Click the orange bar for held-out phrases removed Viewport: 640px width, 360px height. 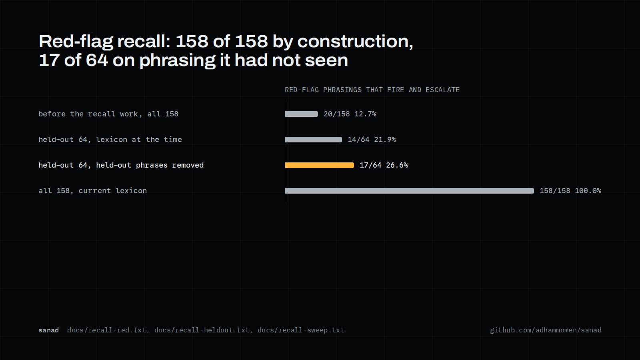point(320,165)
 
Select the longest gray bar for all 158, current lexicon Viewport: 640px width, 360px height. point(410,191)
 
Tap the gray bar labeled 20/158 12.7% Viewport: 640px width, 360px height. point(302,114)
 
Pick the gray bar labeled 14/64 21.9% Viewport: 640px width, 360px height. point(314,140)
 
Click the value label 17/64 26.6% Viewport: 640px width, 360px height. point(384,165)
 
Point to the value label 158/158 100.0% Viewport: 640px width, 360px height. point(570,191)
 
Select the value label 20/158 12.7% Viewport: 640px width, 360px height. point(350,114)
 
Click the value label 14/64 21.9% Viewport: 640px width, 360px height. point(372,140)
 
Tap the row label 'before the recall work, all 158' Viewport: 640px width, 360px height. point(108,114)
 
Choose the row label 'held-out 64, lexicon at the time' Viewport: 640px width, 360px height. point(110,140)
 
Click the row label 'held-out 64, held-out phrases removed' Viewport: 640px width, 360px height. point(121,165)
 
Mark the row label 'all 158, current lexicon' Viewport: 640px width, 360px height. point(92,191)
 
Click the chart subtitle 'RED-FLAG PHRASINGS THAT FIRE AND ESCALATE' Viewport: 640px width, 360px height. point(372,90)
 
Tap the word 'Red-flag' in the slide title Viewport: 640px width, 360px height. point(76,42)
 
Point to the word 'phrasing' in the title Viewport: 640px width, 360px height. point(177,61)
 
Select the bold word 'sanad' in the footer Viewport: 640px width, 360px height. point(48,330)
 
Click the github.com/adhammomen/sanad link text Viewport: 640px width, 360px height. point(546,330)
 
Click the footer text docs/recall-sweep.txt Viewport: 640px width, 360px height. point(301,330)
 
